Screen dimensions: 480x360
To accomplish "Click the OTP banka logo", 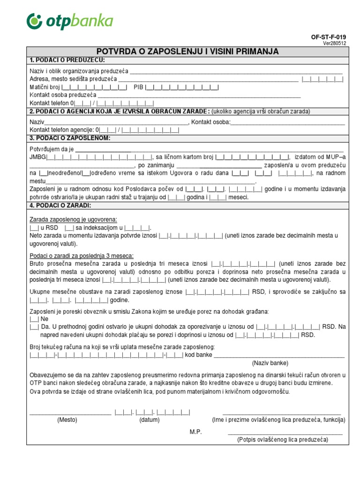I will tap(70, 22).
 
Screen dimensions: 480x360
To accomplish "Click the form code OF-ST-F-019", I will tap(329, 37).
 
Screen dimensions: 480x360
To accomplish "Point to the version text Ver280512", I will tap(335, 43).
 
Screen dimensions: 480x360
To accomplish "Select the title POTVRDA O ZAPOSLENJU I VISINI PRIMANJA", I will tap(187, 52).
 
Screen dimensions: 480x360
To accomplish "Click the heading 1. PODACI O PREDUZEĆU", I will tap(67, 60).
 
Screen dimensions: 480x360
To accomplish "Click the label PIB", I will tap(138, 87).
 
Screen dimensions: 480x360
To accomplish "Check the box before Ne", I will tap(34, 318).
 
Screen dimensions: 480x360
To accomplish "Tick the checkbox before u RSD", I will tap(34, 227).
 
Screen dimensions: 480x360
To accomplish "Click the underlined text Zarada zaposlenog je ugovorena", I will tap(73, 219).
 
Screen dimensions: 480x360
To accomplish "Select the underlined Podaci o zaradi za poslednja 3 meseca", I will tap(82, 255).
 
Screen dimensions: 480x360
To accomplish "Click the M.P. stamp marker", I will tap(195, 432).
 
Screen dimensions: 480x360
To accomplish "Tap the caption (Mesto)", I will tap(67, 420).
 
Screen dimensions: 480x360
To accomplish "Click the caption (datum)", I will tap(149, 420).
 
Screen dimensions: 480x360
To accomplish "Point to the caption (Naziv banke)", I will tap(270, 363).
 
